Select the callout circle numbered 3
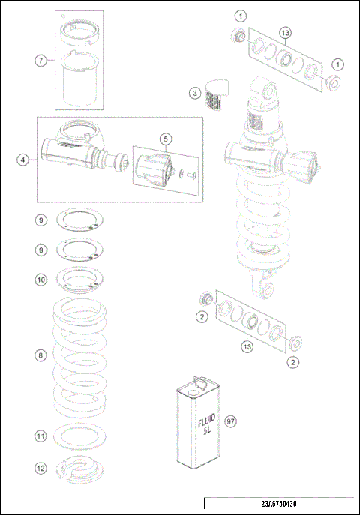[x=194, y=93]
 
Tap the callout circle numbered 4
[x=25, y=159]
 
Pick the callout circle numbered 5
[x=165, y=139]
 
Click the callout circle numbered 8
[x=42, y=355]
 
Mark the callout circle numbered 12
[x=42, y=468]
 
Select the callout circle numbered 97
[x=231, y=421]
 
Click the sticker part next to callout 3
[x=217, y=93]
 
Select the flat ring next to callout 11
[x=78, y=436]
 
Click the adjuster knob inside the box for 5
[x=154, y=168]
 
